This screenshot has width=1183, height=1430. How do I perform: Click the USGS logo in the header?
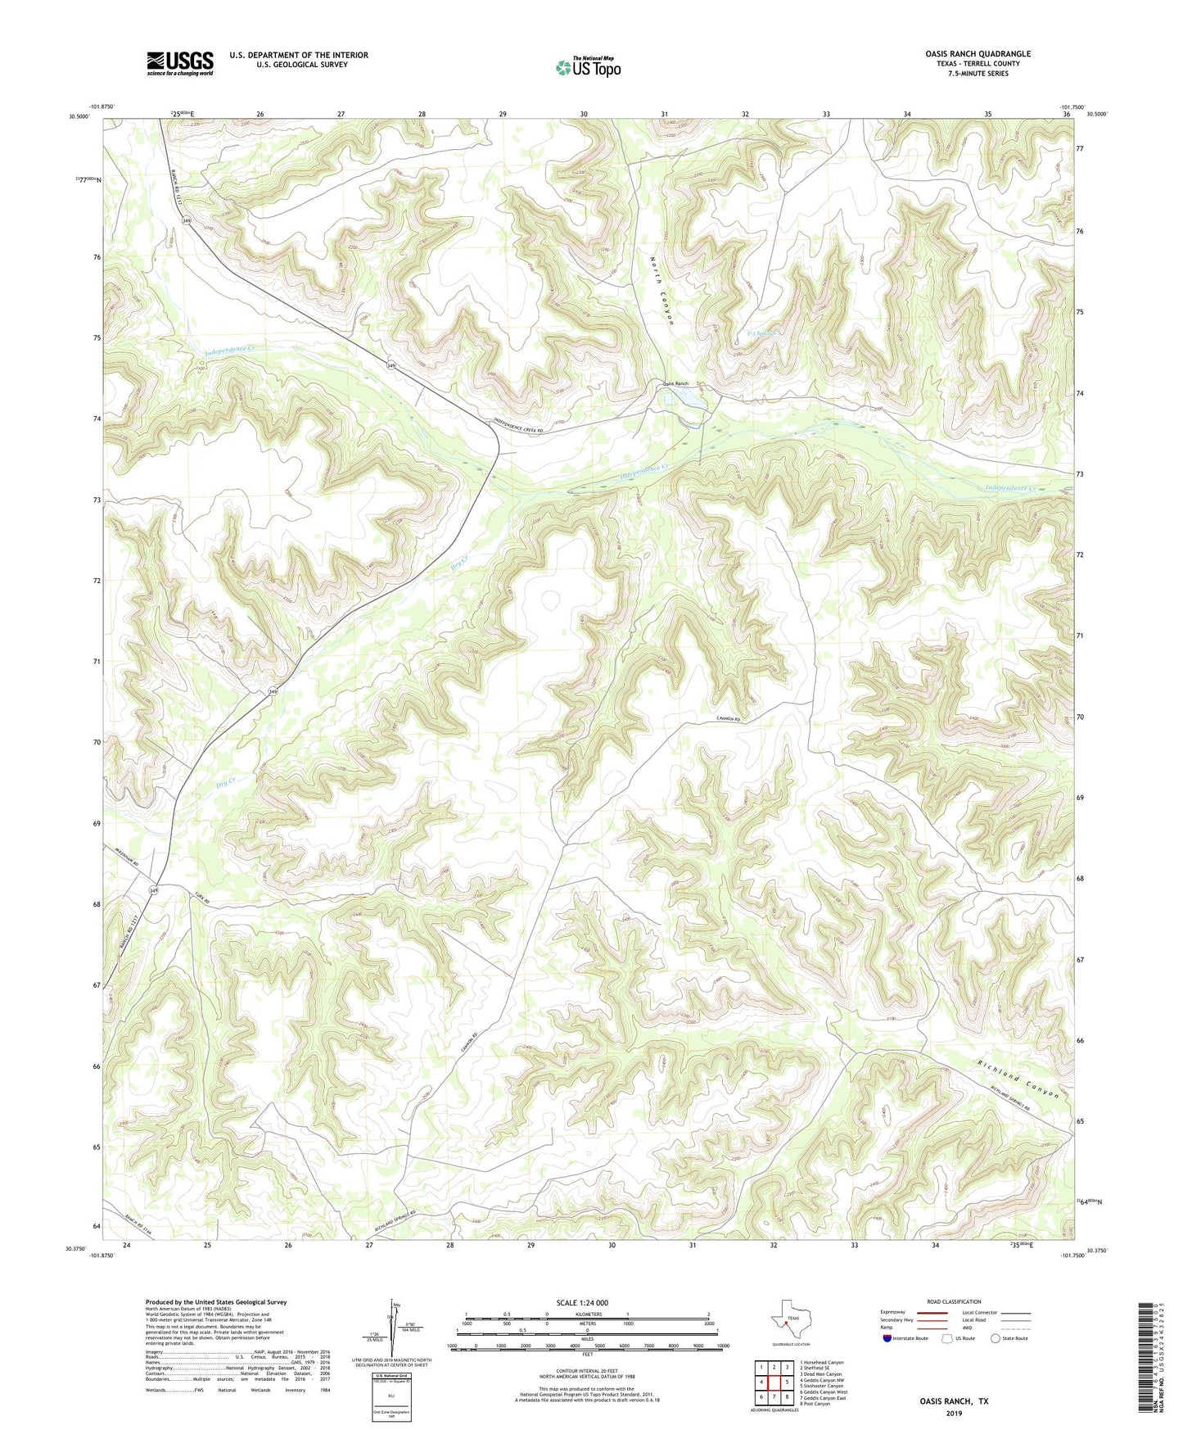pyautogui.click(x=180, y=63)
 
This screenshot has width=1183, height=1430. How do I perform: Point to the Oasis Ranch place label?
pyautogui.click(x=676, y=383)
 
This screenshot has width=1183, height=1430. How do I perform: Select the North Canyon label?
pyautogui.click(x=662, y=290)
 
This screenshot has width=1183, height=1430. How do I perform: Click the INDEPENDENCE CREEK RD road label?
pyautogui.click(x=529, y=427)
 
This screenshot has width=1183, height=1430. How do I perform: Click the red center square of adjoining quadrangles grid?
pyautogui.click(x=774, y=1382)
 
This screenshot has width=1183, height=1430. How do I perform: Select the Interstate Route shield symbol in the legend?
pyautogui.click(x=888, y=1338)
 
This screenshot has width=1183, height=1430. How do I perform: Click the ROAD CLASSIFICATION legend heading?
pyautogui.click(x=954, y=1301)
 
